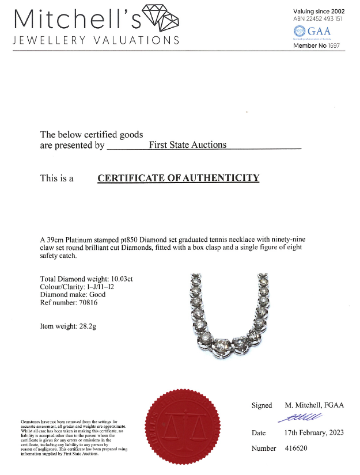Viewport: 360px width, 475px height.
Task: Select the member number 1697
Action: [335, 45]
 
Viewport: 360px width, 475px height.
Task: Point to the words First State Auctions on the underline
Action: [188, 145]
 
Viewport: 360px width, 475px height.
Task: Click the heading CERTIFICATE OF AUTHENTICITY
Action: [179, 178]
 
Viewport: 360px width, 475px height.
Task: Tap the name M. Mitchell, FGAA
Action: [314, 405]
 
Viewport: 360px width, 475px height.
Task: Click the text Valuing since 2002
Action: [319, 11]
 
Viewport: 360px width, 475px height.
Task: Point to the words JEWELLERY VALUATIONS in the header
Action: [96, 40]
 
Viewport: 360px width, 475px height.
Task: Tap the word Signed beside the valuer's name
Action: [262, 405]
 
